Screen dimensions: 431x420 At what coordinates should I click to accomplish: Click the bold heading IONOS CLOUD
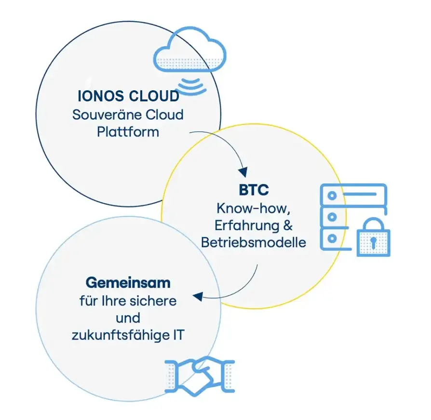point(128,96)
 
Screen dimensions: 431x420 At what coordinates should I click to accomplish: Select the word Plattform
point(128,132)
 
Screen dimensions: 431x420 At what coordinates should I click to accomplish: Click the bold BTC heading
point(254,190)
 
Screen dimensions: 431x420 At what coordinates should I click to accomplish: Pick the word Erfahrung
point(247,225)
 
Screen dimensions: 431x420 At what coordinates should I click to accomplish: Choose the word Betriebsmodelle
point(254,242)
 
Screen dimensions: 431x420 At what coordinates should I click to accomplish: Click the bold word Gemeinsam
point(128,283)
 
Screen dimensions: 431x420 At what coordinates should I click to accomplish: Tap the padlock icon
point(373,237)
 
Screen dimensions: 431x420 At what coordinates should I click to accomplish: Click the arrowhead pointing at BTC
point(243,172)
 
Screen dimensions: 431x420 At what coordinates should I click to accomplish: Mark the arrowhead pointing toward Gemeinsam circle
point(198,296)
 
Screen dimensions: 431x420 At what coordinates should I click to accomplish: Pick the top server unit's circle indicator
point(332,196)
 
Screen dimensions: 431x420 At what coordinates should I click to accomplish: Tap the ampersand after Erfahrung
point(288,225)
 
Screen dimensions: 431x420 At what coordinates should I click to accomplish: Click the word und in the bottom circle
point(128,318)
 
